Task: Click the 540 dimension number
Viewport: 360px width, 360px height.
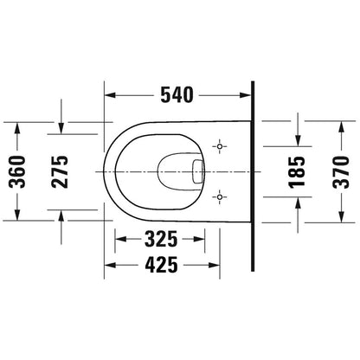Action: coord(177,95)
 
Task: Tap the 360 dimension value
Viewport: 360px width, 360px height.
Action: coord(17,172)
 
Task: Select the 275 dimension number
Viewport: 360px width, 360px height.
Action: coord(60,172)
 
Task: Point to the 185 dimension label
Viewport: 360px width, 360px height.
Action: coord(297,172)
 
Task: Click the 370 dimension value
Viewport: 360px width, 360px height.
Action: coord(341,172)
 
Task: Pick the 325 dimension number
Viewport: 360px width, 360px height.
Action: coord(161,239)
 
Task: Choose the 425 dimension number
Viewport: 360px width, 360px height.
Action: coord(161,265)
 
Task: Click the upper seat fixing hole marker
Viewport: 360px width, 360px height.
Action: coord(220,146)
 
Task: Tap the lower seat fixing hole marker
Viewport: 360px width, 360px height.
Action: coord(220,197)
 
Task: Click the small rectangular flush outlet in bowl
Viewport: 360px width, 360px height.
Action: coord(197,171)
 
